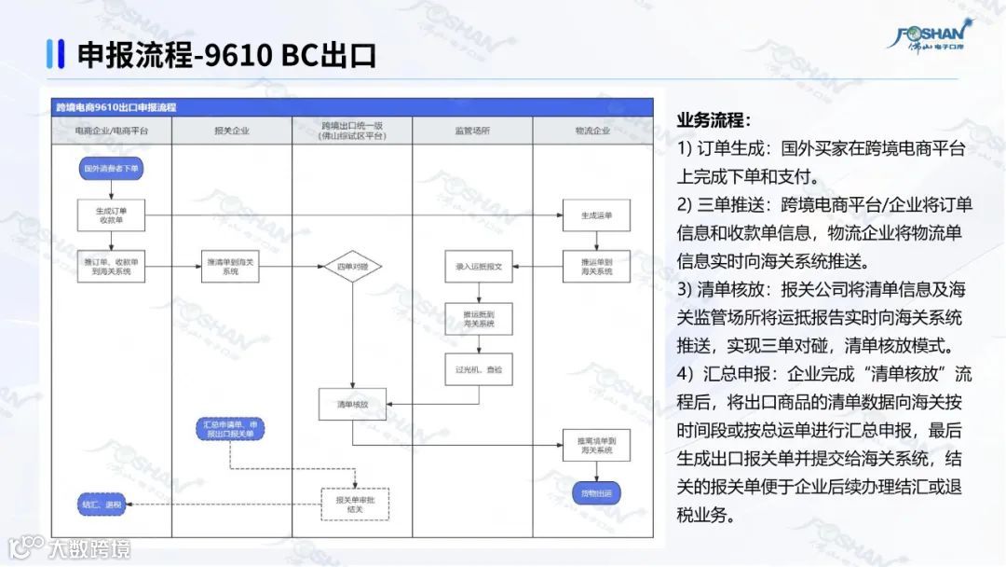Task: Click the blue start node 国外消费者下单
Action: pos(111,169)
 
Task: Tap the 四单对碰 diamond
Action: pos(353,267)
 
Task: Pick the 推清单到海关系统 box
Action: pos(232,267)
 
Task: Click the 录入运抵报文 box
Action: pos(479,267)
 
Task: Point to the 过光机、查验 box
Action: pos(479,369)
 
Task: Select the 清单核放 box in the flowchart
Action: pos(353,405)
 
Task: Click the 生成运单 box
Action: pos(594,215)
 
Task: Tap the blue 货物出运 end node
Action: pos(594,492)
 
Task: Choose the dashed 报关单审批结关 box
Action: pos(355,504)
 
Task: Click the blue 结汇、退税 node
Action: pos(102,505)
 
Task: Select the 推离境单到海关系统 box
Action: pos(594,444)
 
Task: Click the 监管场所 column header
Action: pos(472,131)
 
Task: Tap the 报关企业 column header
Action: pos(232,131)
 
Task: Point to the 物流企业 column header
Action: pos(592,131)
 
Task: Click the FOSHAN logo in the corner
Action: pos(936,35)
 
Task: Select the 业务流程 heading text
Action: pos(714,120)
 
